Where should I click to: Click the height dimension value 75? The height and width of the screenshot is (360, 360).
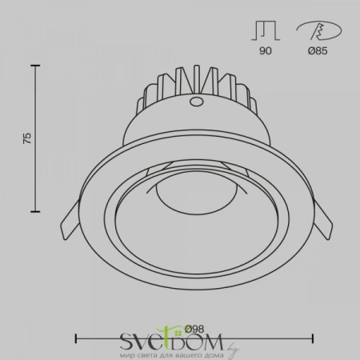[26, 138]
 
